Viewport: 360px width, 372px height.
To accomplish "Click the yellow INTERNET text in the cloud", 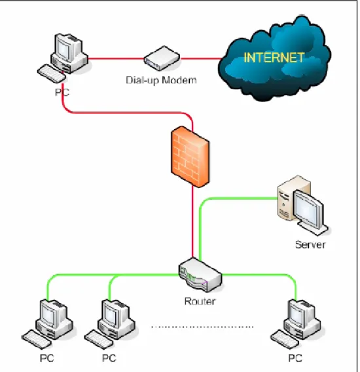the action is [x=274, y=58].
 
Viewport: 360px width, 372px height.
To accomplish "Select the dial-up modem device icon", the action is [x=162, y=58].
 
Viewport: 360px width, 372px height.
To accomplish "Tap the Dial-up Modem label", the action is [x=161, y=80].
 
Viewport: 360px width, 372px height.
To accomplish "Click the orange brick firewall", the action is [x=190, y=157].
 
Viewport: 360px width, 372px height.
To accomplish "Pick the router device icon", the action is [x=200, y=274].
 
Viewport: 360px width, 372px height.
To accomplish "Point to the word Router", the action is [x=200, y=301].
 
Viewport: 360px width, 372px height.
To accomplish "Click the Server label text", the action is [x=310, y=244].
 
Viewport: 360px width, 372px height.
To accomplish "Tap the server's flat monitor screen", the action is [x=308, y=209].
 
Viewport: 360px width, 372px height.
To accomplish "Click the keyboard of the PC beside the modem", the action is [x=52, y=73].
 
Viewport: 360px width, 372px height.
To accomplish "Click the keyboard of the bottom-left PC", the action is [x=36, y=339].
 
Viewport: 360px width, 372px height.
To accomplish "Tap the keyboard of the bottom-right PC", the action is [x=285, y=339].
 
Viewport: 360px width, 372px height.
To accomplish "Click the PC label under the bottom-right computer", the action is [x=295, y=358].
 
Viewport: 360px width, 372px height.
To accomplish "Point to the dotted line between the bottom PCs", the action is [x=202, y=327].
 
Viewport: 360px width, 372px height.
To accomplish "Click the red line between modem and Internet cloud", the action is [x=201, y=58].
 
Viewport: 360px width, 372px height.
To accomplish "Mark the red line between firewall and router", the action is [x=192, y=222].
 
